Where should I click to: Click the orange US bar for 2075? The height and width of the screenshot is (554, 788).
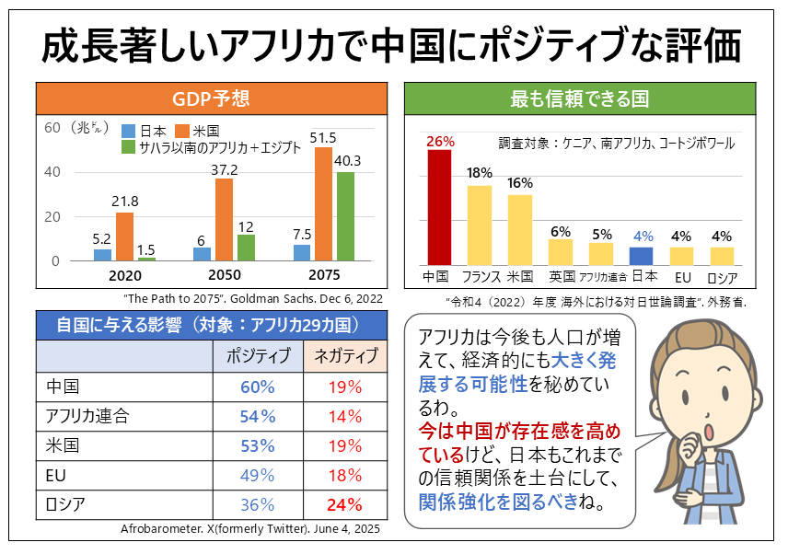324,204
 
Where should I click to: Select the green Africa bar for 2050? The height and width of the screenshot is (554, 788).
246,248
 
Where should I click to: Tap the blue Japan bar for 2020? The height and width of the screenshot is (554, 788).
102,255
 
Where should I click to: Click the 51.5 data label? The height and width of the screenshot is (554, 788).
323,137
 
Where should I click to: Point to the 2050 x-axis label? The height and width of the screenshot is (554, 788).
224,276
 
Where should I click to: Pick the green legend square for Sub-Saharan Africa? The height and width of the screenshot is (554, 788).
129,147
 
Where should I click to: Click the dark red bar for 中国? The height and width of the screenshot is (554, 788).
440,207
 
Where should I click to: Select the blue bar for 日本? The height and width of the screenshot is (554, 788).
642,256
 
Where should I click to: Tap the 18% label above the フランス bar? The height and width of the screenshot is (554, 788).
480,173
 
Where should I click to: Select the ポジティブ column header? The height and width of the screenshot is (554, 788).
258,356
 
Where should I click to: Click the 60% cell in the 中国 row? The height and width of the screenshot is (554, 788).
258,387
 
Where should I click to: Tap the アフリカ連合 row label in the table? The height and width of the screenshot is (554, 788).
87,416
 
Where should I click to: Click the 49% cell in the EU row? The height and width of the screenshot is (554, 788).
258,475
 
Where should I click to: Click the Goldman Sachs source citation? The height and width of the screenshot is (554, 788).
251,298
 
